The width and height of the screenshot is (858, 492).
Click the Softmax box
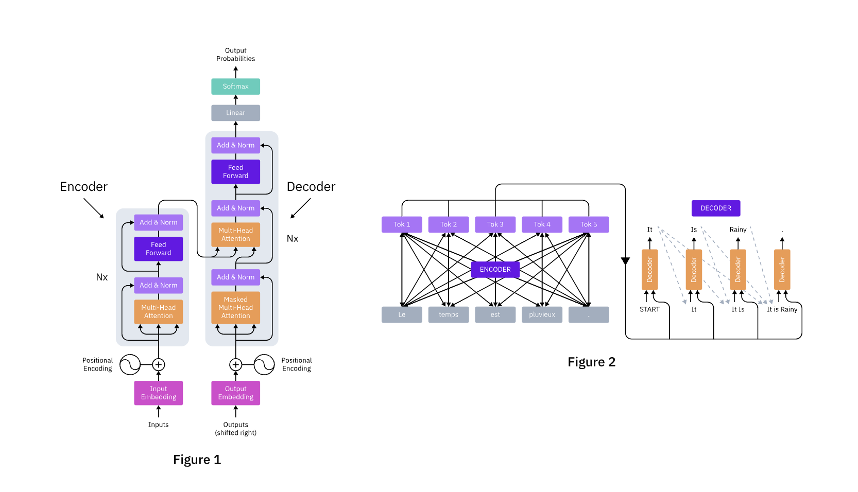[235, 86]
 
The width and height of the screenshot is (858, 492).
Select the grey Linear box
[235, 113]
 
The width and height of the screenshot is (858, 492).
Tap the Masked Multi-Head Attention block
[235, 307]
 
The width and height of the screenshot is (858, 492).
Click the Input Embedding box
[158, 393]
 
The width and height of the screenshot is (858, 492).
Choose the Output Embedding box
[235, 393]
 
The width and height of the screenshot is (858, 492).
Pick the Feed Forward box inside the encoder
[158, 249]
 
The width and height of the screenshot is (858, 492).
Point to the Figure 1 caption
[197, 460]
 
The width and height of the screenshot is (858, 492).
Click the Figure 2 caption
[591, 362]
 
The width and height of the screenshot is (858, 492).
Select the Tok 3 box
[495, 224]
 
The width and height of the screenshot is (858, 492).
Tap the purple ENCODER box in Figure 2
[495, 269]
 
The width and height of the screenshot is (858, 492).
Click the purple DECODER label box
[715, 208]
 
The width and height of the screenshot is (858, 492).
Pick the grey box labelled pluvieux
[542, 314]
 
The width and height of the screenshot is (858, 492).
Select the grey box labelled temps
[448, 314]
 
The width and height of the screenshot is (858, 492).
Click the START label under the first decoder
[649, 309]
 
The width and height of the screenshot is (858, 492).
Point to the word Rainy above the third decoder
[737, 230]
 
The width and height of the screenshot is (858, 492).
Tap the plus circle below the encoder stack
[158, 364]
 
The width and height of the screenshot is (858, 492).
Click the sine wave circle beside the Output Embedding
[264, 364]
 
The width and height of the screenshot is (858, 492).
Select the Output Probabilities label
[235, 55]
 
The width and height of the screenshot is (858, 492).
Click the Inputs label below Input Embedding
[158, 425]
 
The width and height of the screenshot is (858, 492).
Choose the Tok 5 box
[589, 224]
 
